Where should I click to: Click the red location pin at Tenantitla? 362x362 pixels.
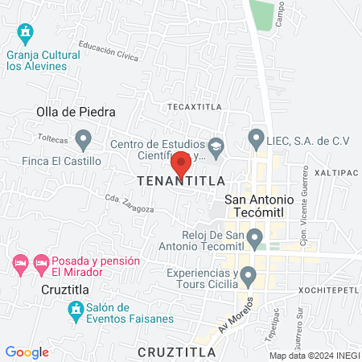pyautogui.click(x=181, y=163)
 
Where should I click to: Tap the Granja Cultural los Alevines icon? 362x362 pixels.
pyautogui.click(x=26, y=33)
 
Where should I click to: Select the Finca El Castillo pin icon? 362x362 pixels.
pyautogui.click(x=83, y=141)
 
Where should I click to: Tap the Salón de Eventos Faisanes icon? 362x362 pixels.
pyautogui.click(x=76, y=309)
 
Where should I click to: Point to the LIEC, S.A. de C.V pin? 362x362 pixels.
pyautogui.click(x=257, y=138)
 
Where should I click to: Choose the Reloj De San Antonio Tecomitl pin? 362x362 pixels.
pyautogui.click(x=255, y=238)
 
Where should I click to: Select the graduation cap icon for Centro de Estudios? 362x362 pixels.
pyautogui.click(x=216, y=146)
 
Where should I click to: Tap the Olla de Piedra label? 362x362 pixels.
pyautogui.click(x=76, y=113)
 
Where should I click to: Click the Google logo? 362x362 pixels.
pyautogui.click(x=27, y=352)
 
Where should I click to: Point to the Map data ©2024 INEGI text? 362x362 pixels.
pyautogui.click(x=314, y=356)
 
